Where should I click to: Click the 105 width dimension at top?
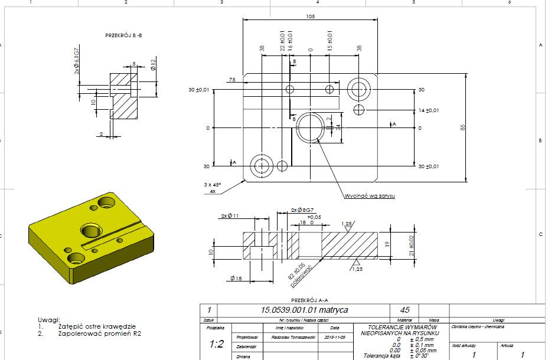tap(310, 17)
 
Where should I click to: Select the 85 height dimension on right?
tap(465, 127)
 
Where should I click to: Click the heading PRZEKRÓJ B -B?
tap(123, 36)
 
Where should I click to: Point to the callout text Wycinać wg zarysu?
tap(370, 195)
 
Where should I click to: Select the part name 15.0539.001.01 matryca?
tap(305, 310)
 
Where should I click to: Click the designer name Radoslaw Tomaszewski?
tap(286, 337)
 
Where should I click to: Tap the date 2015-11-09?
tap(334, 337)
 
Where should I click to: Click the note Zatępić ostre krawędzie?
tap(97, 326)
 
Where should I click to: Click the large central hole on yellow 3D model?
tap(91, 228)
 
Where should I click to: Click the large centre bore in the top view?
tap(310, 127)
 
